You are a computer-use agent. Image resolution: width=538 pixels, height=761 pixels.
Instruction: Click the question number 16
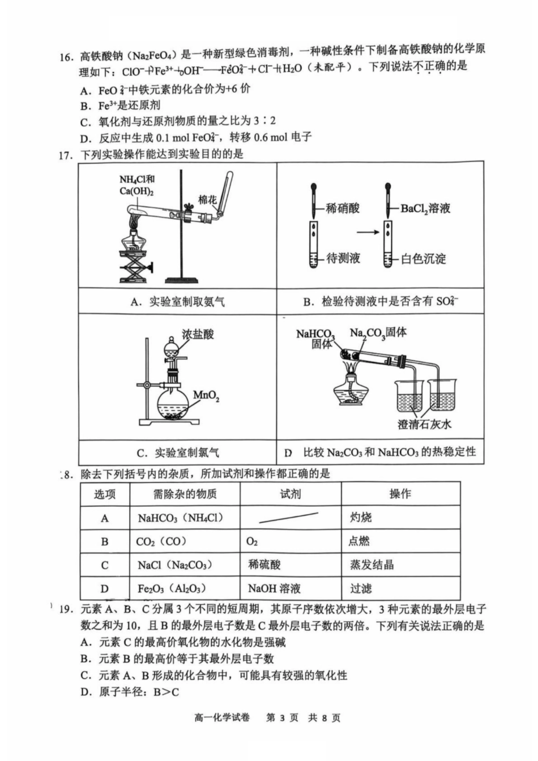coord(66,57)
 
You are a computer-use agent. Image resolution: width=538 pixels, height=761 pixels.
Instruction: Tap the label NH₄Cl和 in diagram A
coord(136,179)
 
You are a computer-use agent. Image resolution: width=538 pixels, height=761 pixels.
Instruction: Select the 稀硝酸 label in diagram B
coord(343,208)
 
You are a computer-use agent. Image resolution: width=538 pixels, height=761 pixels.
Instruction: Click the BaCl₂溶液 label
coord(425,208)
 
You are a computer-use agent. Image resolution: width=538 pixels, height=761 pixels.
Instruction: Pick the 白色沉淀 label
coord(423,259)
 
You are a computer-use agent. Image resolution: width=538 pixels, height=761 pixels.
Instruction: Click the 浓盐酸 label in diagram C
coord(198,334)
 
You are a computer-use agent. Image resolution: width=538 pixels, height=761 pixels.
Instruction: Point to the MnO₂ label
coord(206,395)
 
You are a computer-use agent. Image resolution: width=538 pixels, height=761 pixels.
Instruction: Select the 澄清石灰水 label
coord(424,424)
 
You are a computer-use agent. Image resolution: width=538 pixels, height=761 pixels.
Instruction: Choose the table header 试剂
coord(291,494)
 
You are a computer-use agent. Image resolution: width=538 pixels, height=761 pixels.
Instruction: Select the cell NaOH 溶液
coord(274,588)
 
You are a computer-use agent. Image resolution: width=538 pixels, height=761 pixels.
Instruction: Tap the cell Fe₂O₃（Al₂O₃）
coord(172,588)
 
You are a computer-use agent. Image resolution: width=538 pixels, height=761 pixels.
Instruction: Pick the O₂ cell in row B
coord(252,541)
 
